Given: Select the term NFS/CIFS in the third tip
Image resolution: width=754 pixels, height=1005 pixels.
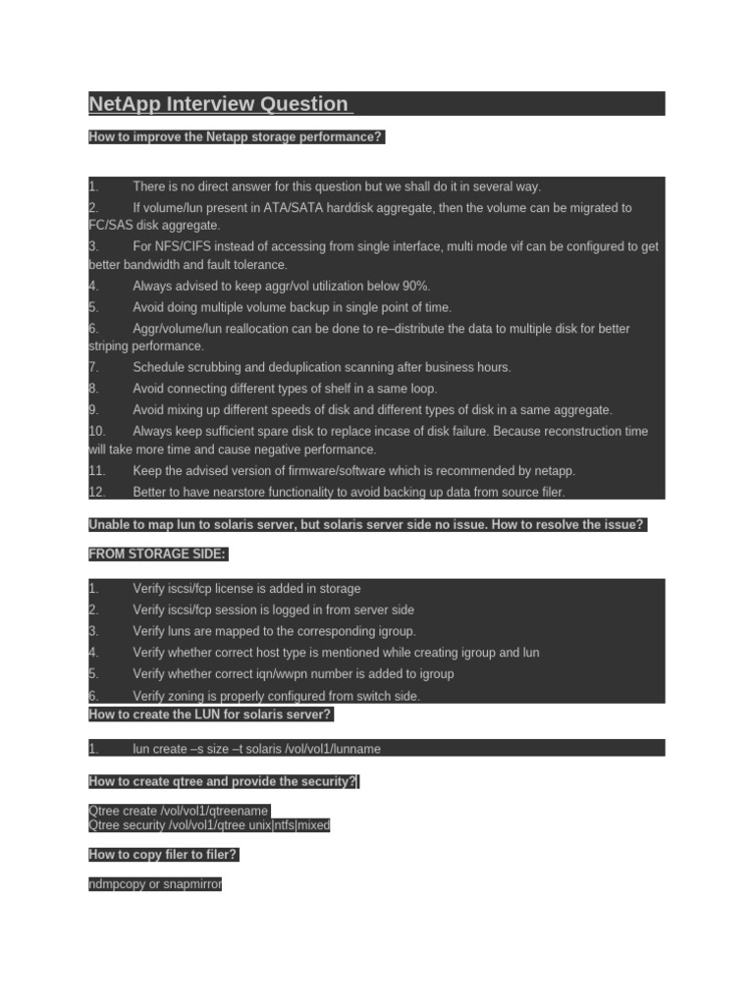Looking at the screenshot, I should click(185, 246).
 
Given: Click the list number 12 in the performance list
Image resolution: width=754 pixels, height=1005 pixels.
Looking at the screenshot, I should click(96, 492).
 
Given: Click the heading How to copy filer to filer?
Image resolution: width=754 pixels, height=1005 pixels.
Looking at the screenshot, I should click(163, 855).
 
